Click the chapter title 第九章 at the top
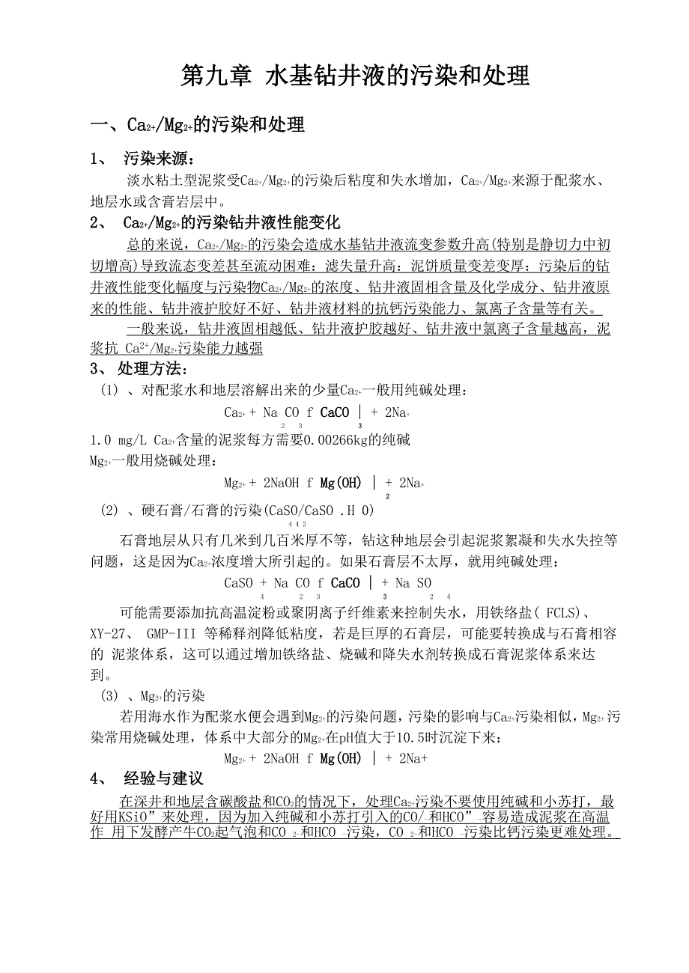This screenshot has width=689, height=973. point(216,76)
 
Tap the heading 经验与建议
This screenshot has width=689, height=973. point(163,779)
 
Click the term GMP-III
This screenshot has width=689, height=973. point(173,634)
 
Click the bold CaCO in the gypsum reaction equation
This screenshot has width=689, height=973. point(344,583)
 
